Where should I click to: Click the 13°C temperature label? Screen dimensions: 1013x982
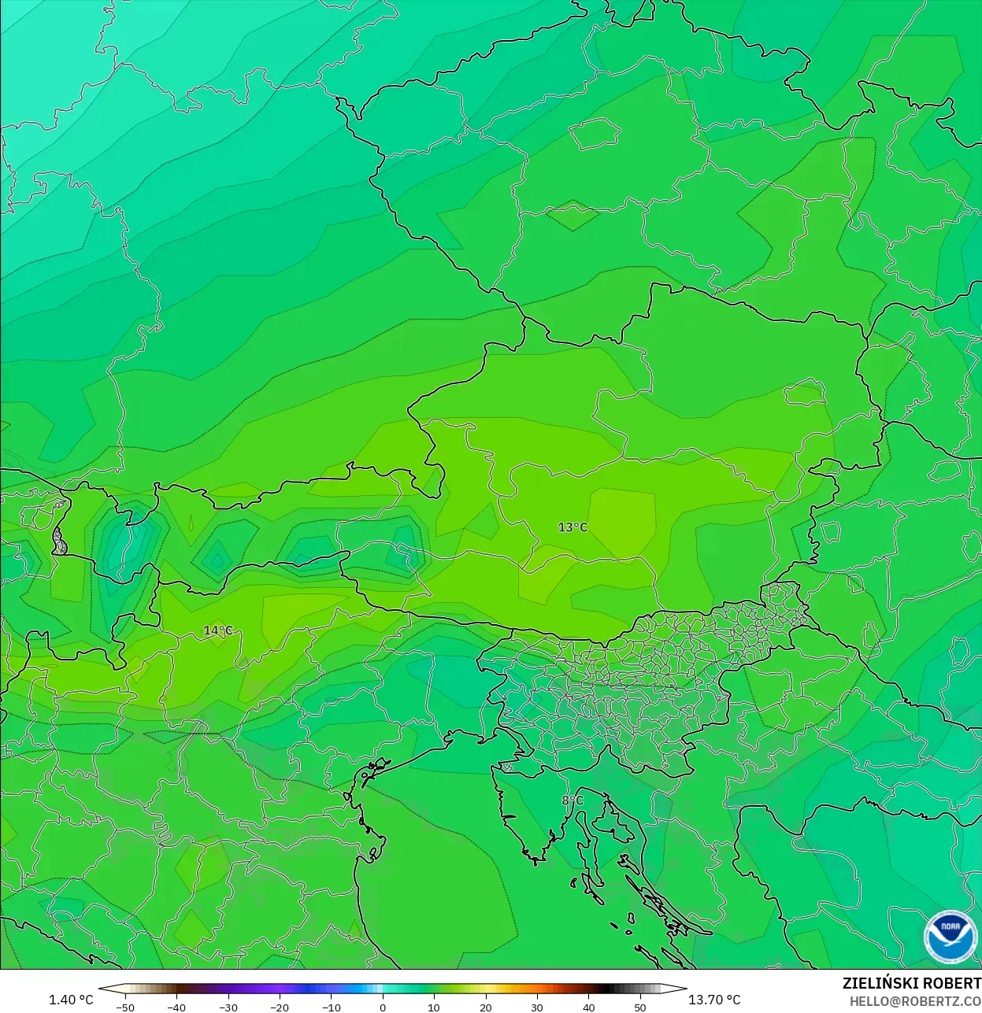pyautogui.click(x=573, y=527)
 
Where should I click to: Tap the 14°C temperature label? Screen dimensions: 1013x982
pyautogui.click(x=218, y=630)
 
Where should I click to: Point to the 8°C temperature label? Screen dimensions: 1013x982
pyautogui.click(x=573, y=800)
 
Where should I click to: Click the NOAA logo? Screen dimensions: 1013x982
pyautogui.click(x=951, y=937)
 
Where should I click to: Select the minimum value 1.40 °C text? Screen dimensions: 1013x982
pyautogui.click(x=71, y=1000)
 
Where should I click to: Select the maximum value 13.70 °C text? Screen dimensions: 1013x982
pyautogui.click(x=714, y=1000)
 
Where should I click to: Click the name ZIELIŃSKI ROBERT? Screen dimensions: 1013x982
pyautogui.click(x=911, y=983)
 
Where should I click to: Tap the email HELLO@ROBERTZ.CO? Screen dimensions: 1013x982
pyautogui.click(x=915, y=1001)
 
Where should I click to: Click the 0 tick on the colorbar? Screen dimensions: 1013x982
pyautogui.click(x=383, y=1007)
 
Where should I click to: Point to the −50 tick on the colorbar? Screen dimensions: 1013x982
pyautogui.click(x=124, y=1007)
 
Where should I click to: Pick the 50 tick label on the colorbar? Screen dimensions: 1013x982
pyautogui.click(x=640, y=1007)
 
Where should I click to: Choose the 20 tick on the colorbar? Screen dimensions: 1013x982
pyautogui.click(x=486, y=1007)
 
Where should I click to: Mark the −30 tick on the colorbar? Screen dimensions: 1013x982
pyautogui.click(x=228, y=1007)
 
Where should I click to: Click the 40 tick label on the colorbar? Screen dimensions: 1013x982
pyautogui.click(x=589, y=1007)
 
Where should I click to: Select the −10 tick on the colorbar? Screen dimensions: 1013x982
pyautogui.click(x=331, y=1007)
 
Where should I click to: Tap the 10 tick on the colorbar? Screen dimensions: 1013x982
pyautogui.click(x=434, y=1007)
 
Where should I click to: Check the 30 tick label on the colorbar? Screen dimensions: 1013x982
pyautogui.click(x=537, y=1007)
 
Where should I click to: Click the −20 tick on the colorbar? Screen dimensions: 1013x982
pyautogui.click(x=279, y=1007)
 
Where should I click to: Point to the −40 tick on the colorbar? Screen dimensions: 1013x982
pyautogui.click(x=176, y=1007)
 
